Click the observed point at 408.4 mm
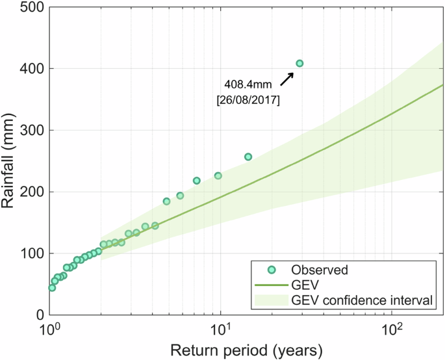(x=299, y=63)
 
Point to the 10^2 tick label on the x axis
(x=392, y=328)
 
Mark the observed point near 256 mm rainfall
(x=248, y=157)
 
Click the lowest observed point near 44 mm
(x=52, y=288)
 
